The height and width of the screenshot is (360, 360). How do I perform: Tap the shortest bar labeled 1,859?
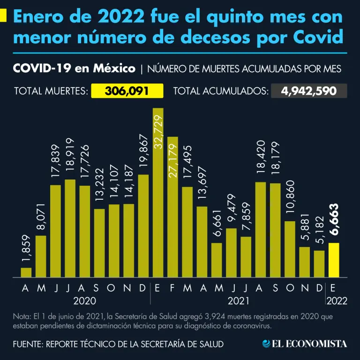point(26,272)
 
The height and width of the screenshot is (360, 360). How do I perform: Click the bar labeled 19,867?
point(143,225)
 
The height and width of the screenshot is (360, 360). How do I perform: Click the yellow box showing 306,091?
point(127,90)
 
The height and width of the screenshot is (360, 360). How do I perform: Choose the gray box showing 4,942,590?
point(309,90)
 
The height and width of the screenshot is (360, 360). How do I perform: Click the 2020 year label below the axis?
point(85,300)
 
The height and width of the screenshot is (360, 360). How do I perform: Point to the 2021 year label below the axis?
point(238,300)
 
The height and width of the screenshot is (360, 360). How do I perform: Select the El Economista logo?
point(305,344)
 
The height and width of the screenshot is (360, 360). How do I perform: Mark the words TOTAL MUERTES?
point(51,91)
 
